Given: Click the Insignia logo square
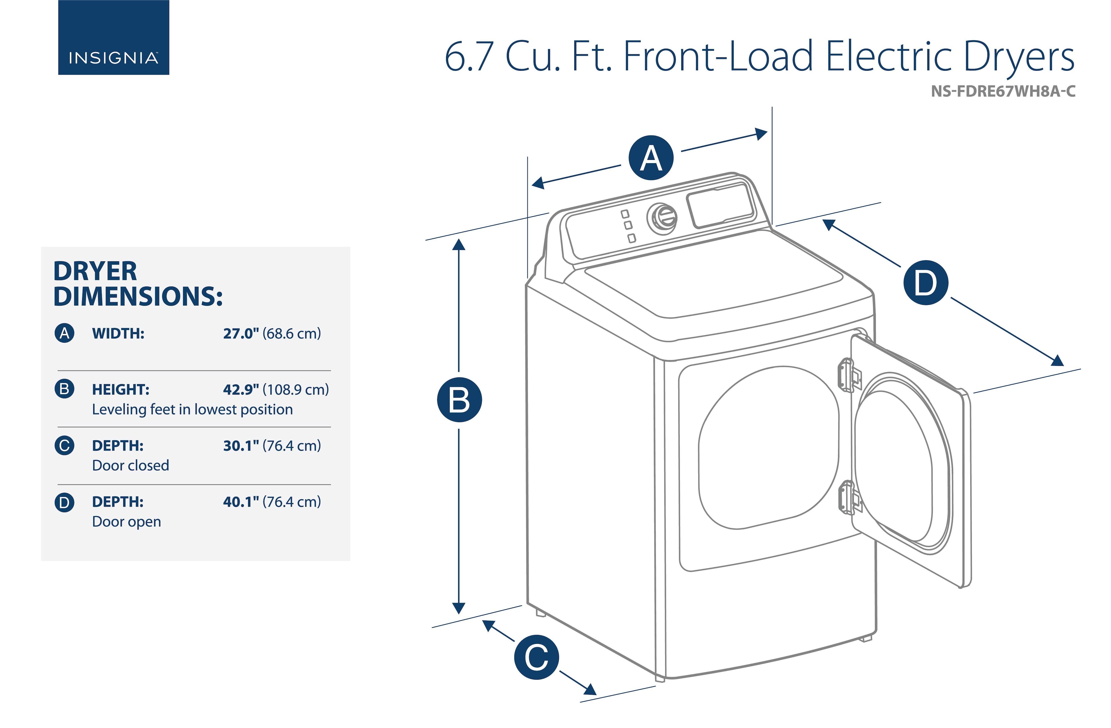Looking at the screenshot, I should (x=113, y=37).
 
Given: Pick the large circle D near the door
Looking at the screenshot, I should (x=926, y=283).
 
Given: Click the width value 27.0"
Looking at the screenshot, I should (x=241, y=334).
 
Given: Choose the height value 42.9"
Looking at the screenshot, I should (x=241, y=390).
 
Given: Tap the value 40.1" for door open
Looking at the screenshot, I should (x=241, y=502).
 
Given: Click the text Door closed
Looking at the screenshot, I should (x=131, y=466).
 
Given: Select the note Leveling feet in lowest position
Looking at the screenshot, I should (x=192, y=409).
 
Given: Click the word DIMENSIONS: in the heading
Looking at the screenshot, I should (x=138, y=296).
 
